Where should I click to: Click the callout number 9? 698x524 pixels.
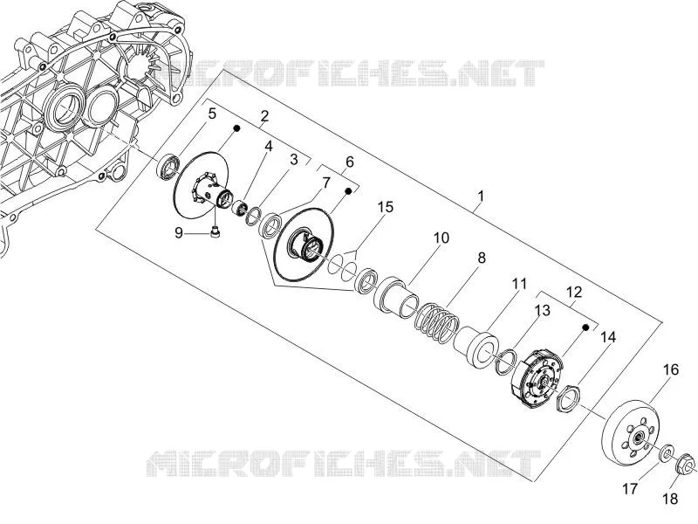pos(179,232)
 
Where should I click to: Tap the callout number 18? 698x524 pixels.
pos(670,498)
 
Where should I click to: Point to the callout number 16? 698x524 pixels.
pos(671,369)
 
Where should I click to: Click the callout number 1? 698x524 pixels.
pos(481,196)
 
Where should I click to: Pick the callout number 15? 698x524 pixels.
pos(386,207)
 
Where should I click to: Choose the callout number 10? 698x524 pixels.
pos(441,238)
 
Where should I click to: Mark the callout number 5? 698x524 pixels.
pos(212,114)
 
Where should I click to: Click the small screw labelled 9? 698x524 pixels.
pos(216,232)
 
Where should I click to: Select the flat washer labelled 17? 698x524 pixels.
pos(667,453)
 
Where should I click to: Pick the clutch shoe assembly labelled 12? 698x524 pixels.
pos(537,379)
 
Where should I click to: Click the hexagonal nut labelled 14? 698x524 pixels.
pos(569,398)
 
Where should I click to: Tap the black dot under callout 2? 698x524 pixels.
pos(236,128)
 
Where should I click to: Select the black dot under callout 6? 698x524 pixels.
pos(348,191)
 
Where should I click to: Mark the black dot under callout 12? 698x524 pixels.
pos(585,327)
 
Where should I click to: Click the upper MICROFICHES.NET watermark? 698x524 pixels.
pos(350,73)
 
